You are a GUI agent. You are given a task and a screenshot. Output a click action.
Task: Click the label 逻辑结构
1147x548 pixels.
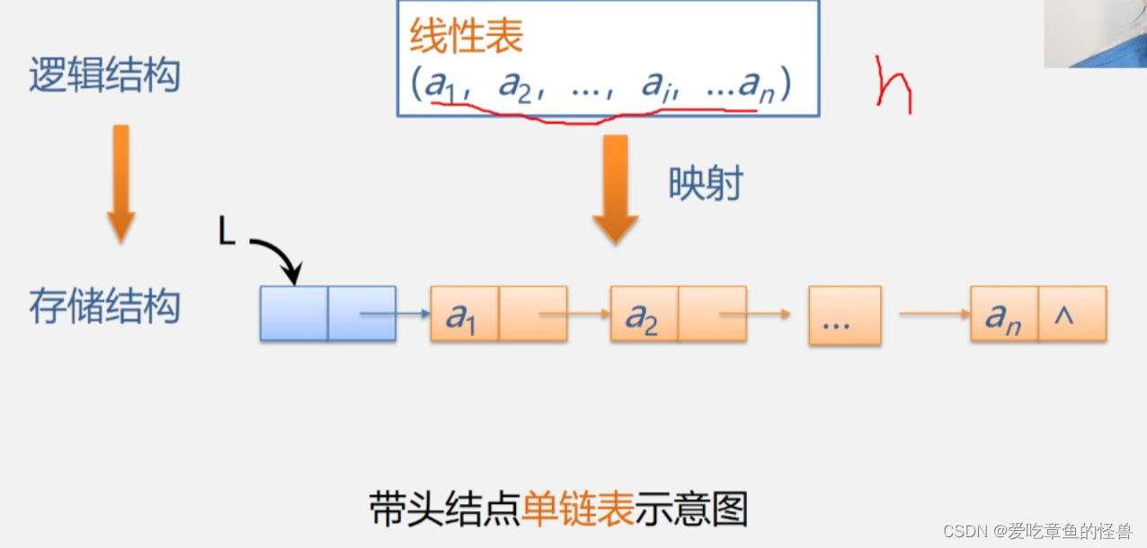tap(104, 75)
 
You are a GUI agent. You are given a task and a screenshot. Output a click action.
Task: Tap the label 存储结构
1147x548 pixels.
tap(104, 307)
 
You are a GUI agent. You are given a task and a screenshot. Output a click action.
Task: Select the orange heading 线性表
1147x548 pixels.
tap(466, 38)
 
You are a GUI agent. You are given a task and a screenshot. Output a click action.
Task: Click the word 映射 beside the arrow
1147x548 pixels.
tap(706, 184)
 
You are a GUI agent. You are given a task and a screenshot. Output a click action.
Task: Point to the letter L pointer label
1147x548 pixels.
tap(227, 233)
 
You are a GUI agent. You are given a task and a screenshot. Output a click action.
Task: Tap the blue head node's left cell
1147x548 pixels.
tap(294, 314)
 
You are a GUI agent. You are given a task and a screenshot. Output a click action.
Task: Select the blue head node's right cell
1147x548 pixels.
tap(361, 314)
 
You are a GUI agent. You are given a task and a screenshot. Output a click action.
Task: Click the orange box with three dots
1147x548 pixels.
tap(844, 315)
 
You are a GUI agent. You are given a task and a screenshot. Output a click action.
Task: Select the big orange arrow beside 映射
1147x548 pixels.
tap(615, 189)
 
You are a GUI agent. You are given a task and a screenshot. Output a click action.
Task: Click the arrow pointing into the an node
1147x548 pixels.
tap(934, 314)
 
